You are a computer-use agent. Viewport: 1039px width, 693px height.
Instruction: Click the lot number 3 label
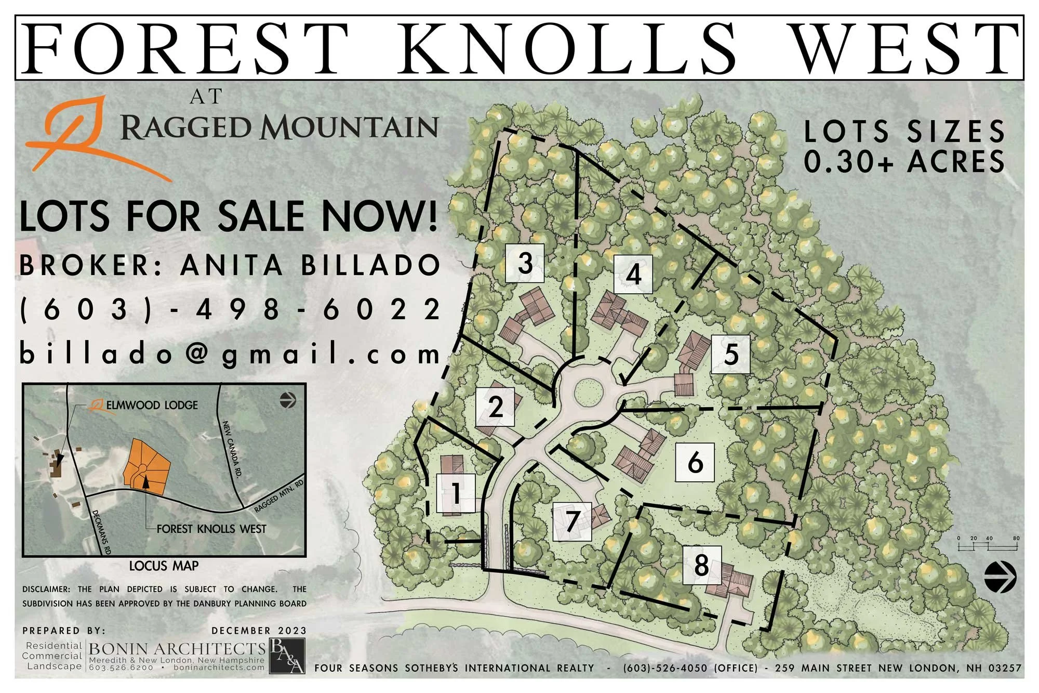(x=525, y=263)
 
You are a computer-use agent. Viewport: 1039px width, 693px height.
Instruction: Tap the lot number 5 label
(x=730, y=354)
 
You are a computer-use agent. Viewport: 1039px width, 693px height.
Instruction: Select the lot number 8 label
(x=701, y=565)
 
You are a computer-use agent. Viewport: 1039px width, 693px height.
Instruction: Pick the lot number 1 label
(x=456, y=493)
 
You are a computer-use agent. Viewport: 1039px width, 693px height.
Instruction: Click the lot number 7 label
(x=572, y=521)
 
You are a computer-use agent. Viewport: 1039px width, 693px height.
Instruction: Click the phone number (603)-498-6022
(x=230, y=310)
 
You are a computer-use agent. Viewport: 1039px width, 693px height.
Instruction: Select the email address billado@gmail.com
(x=230, y=354)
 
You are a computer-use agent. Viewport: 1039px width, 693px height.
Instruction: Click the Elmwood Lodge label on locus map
(x=152, y=405)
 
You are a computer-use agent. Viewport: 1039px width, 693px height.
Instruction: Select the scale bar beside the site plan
(x=988, y=546)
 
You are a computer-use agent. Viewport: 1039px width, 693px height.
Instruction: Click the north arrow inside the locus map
(x=288, y=400)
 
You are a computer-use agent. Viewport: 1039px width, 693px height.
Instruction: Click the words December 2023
(x=259, y=631)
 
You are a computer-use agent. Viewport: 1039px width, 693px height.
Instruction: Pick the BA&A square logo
(x=287, y=656)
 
